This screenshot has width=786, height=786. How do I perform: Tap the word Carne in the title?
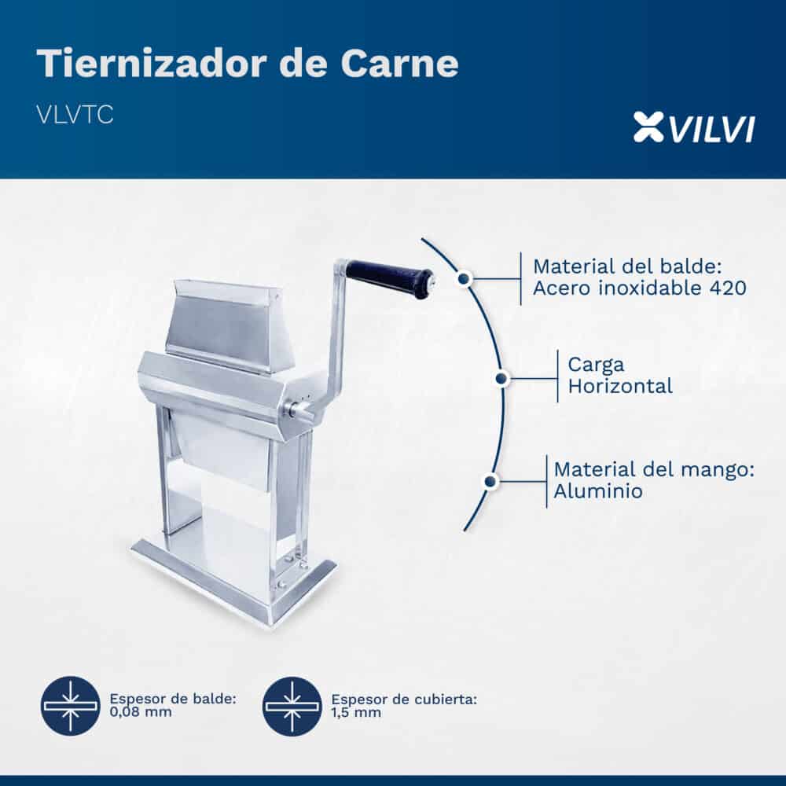click(x=399, y=64)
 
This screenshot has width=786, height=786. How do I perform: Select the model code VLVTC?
click(x=75, y=115)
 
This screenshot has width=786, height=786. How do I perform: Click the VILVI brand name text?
click(x=712, y=129)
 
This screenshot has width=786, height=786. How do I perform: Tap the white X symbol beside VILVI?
click(x=648, y=127)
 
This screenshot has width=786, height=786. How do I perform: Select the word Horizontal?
click(x=620, y=386)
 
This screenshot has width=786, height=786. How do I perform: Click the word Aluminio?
click(x=598, y=490)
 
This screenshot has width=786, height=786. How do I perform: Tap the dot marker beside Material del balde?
click(x=465, y=278)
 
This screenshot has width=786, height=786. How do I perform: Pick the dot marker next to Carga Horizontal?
click(x=502, y=379)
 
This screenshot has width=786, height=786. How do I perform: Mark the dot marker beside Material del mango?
click(x=490, y=482)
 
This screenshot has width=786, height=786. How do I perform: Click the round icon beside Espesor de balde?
click(x=71, y=707)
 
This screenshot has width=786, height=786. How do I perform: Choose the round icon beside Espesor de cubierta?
click(x=292, y=707)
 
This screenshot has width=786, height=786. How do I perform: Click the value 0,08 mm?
click(x=141, y=712)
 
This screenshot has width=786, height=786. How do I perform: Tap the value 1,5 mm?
click(x=356, y=712)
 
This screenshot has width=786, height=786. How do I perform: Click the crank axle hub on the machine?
click(x=299, y=409)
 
